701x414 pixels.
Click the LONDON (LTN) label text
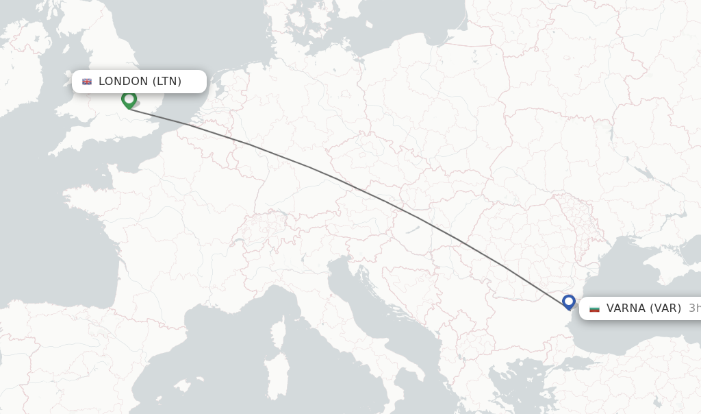coord(140,82)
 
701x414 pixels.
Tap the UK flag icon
coord(87,82)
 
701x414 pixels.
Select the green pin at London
coord(128,100)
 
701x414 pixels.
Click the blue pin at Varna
coord(568,301)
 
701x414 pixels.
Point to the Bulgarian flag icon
coord(594,308)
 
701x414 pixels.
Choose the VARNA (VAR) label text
coord(643,308)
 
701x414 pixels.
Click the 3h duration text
coord(694,308)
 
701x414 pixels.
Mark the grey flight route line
coord(342,180)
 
